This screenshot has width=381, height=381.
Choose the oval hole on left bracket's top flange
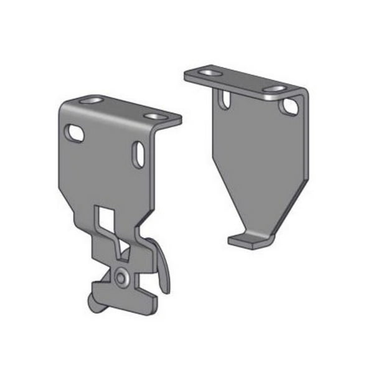click(153, 116)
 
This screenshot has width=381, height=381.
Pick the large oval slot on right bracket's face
click(289, 106)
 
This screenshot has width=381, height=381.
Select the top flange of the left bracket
click(125, 108)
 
